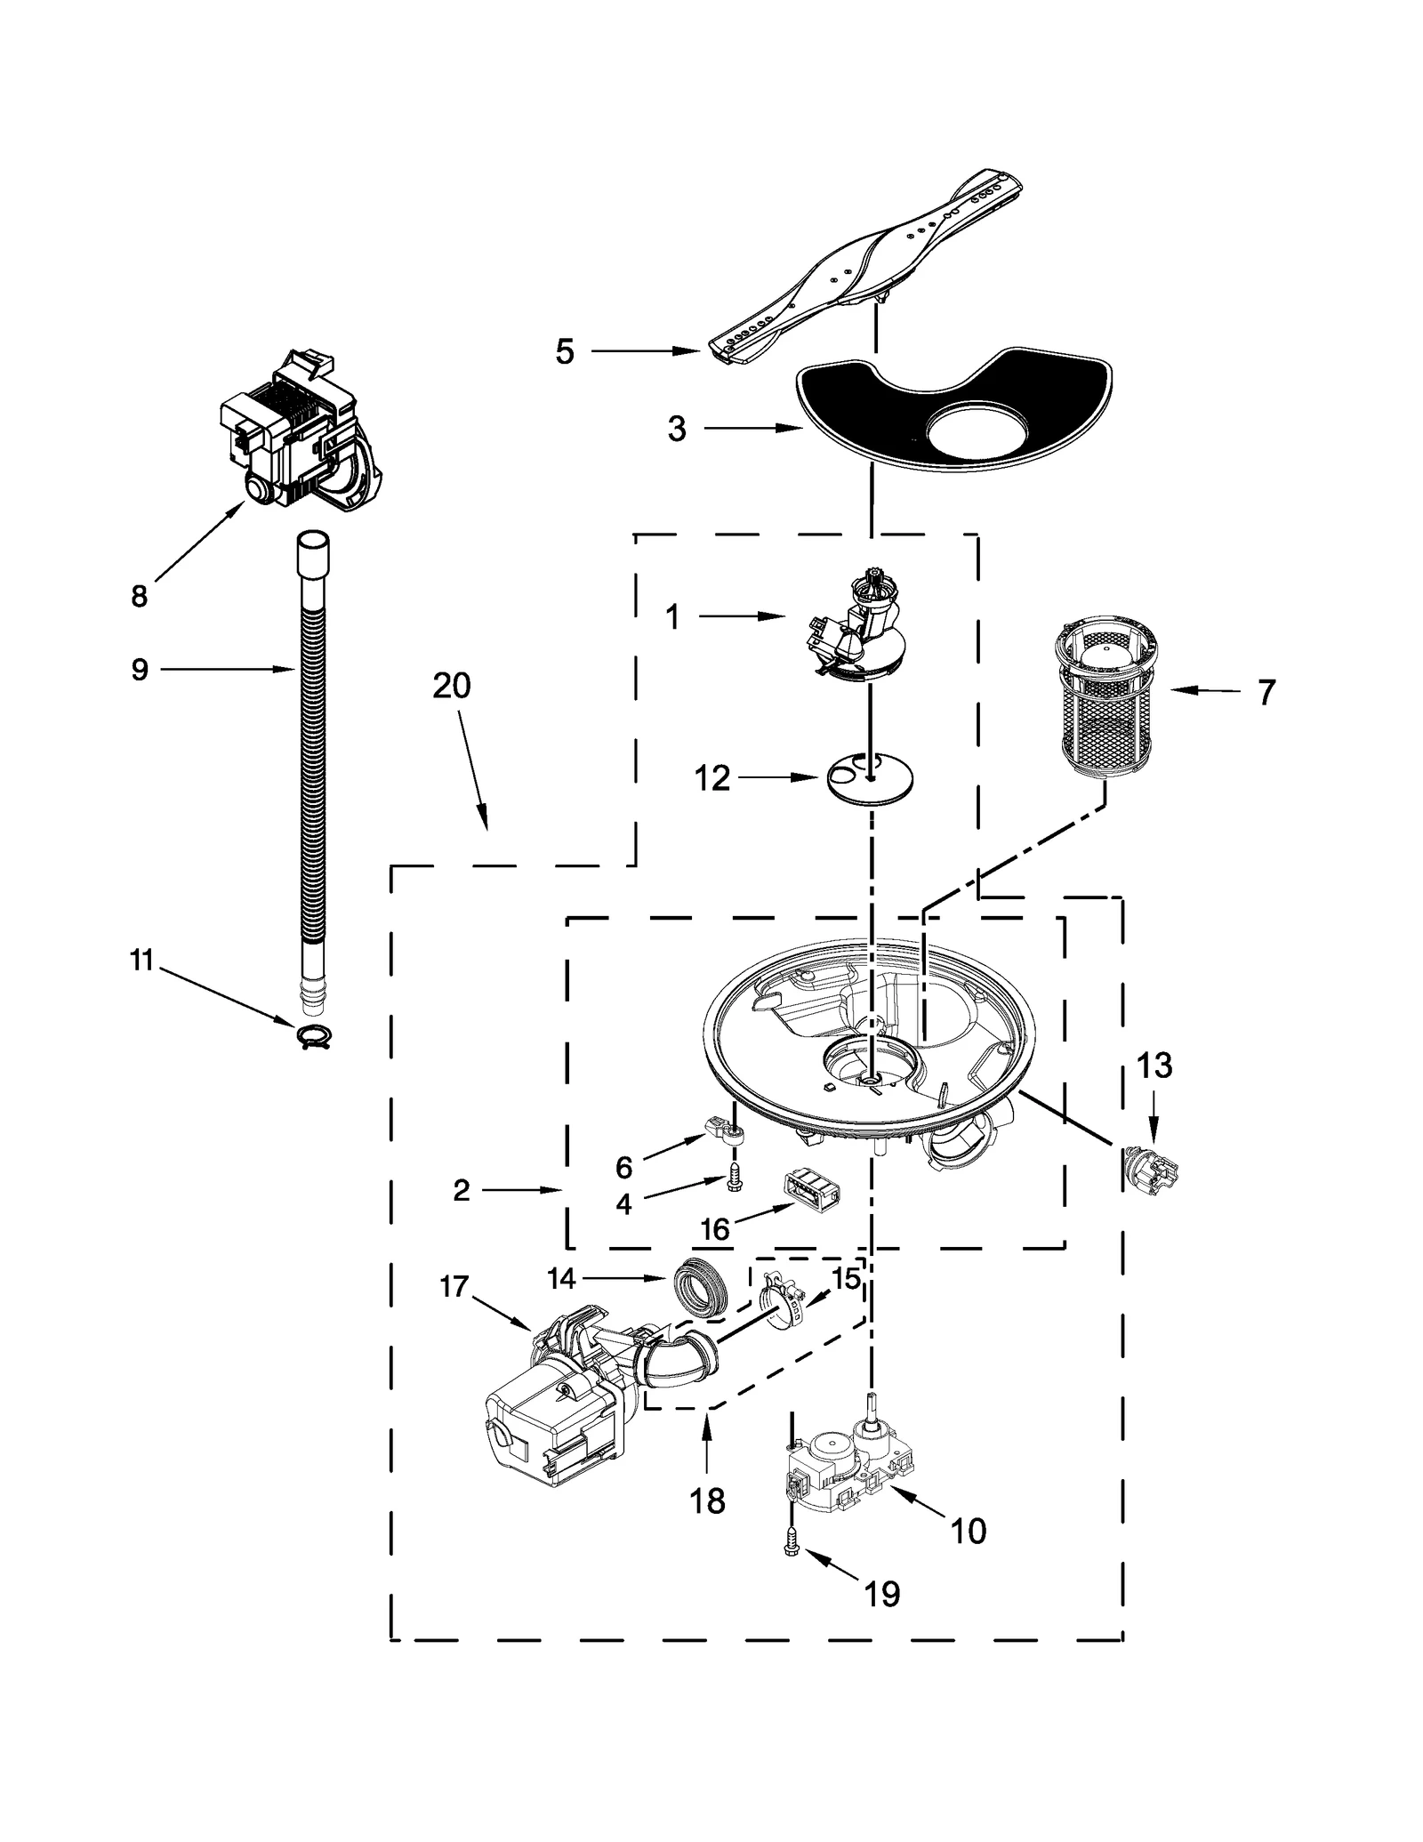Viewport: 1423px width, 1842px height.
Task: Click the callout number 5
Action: (565, 351)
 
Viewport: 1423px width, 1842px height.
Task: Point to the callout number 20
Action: (452, 686)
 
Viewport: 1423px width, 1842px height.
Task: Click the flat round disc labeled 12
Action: (870, 781)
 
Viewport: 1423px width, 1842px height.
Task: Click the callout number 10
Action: (968, 1531)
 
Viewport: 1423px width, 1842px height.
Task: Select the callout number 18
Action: (708, 1501)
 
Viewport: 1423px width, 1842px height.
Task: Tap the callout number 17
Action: (454, 1286)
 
